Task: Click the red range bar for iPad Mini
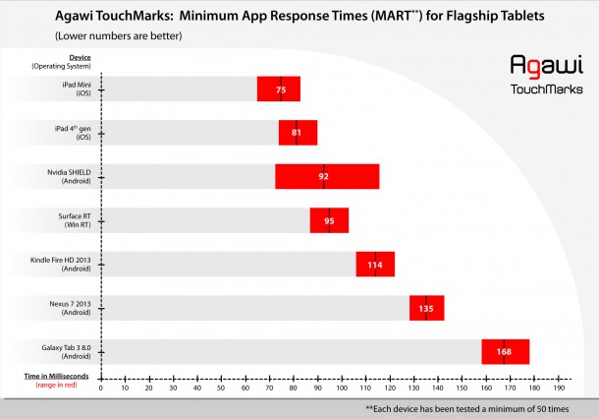pyautogui.click(x=279, y=90)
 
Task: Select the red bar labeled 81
pyautogui.click(x=298, y=133)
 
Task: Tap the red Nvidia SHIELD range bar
pyautogui.click(x=327, y=177)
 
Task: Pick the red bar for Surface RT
pyautogui.click(x=329, y=220)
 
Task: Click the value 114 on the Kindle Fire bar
pyautogui.click(x=374, y=265)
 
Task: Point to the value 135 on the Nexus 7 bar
pyautogui.click(x=426, y=308)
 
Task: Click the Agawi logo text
pyautogui.click(x=546, y=65)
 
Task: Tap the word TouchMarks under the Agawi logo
pyautogui.click(x=546, y=88)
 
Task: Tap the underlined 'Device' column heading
pyautogui.click(x=81, y=57)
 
